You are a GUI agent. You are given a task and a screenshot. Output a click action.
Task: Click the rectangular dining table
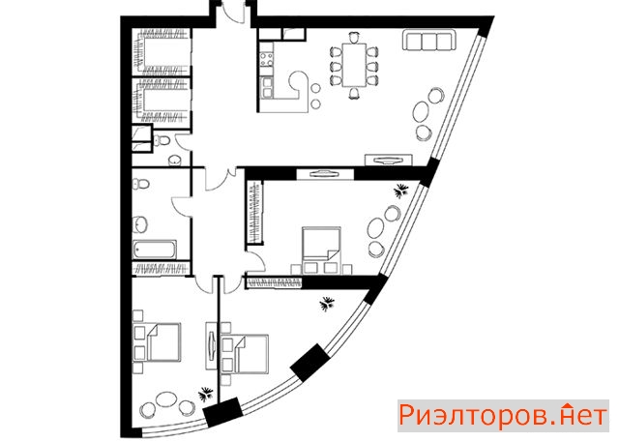tap(354, 65)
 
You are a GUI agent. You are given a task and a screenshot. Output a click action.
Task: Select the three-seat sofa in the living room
tap(428, 41)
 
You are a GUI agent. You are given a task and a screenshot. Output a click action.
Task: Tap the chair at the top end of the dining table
tap(354, 38)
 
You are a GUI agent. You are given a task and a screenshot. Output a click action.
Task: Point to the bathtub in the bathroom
tap(155, 249)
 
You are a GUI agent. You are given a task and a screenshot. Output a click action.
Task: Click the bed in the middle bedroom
tap(321, 247)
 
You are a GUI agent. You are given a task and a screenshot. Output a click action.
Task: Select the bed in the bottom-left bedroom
tap(163, 341)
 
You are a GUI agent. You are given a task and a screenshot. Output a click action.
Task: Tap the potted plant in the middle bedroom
tap(402, 191)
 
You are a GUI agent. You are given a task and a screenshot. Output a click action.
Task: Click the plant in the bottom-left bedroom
tap(206, 394)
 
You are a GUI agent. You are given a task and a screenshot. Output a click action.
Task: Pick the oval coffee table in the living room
tap(421, 112)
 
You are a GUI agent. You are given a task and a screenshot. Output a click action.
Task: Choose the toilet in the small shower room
tap(162, 139)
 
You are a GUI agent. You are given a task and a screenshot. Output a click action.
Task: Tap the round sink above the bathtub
tap(139, 224)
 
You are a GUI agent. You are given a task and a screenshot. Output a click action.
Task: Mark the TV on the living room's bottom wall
tap(389, 159)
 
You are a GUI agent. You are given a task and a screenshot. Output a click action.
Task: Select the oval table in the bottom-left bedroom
tap(165, 399)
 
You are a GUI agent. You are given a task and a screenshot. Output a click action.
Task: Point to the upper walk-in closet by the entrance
tap(162, 51)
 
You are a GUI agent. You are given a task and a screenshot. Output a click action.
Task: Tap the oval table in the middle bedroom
tap(376, 228)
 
